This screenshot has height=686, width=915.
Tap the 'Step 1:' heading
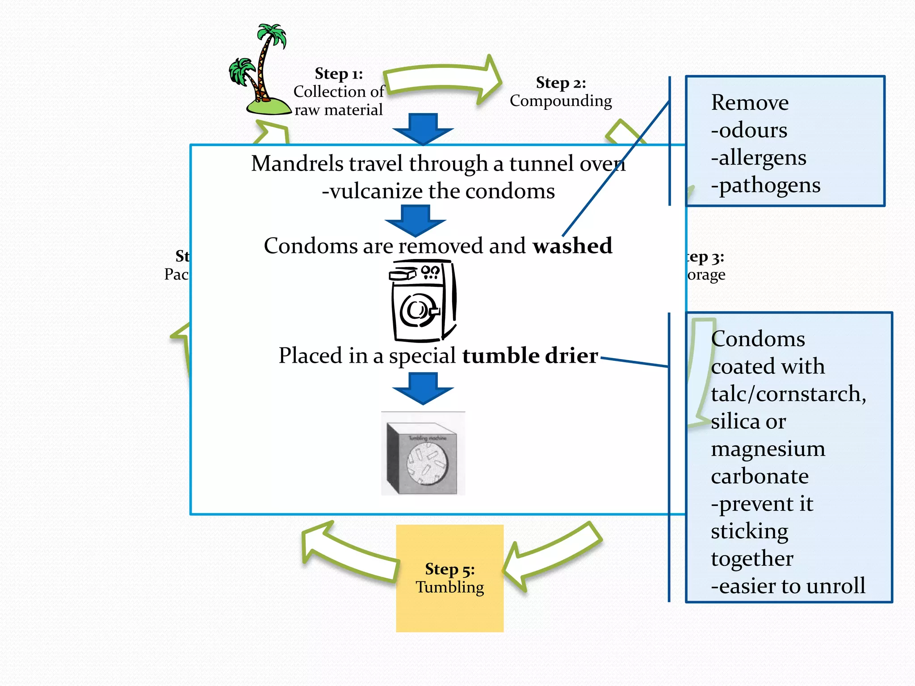click(339, 74)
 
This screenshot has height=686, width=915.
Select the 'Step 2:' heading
click(561, 83)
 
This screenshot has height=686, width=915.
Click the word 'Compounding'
click(561, 101)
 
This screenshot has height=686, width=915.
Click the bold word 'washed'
click(572, 246)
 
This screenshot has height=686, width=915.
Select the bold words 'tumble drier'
click(530, 356)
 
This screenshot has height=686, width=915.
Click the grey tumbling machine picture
click(423, 453)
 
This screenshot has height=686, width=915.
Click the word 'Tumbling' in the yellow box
click(449, 587)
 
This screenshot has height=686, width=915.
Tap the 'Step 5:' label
click(449, 569)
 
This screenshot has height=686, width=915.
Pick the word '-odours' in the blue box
click(749, 130)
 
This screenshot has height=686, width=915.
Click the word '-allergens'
click(759, 158)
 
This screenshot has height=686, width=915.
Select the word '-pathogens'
click(765, 185)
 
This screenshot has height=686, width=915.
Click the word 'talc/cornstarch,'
click(788, 394)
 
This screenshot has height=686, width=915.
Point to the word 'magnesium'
click(768, 449)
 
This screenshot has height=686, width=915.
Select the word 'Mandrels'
click(298, 164)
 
